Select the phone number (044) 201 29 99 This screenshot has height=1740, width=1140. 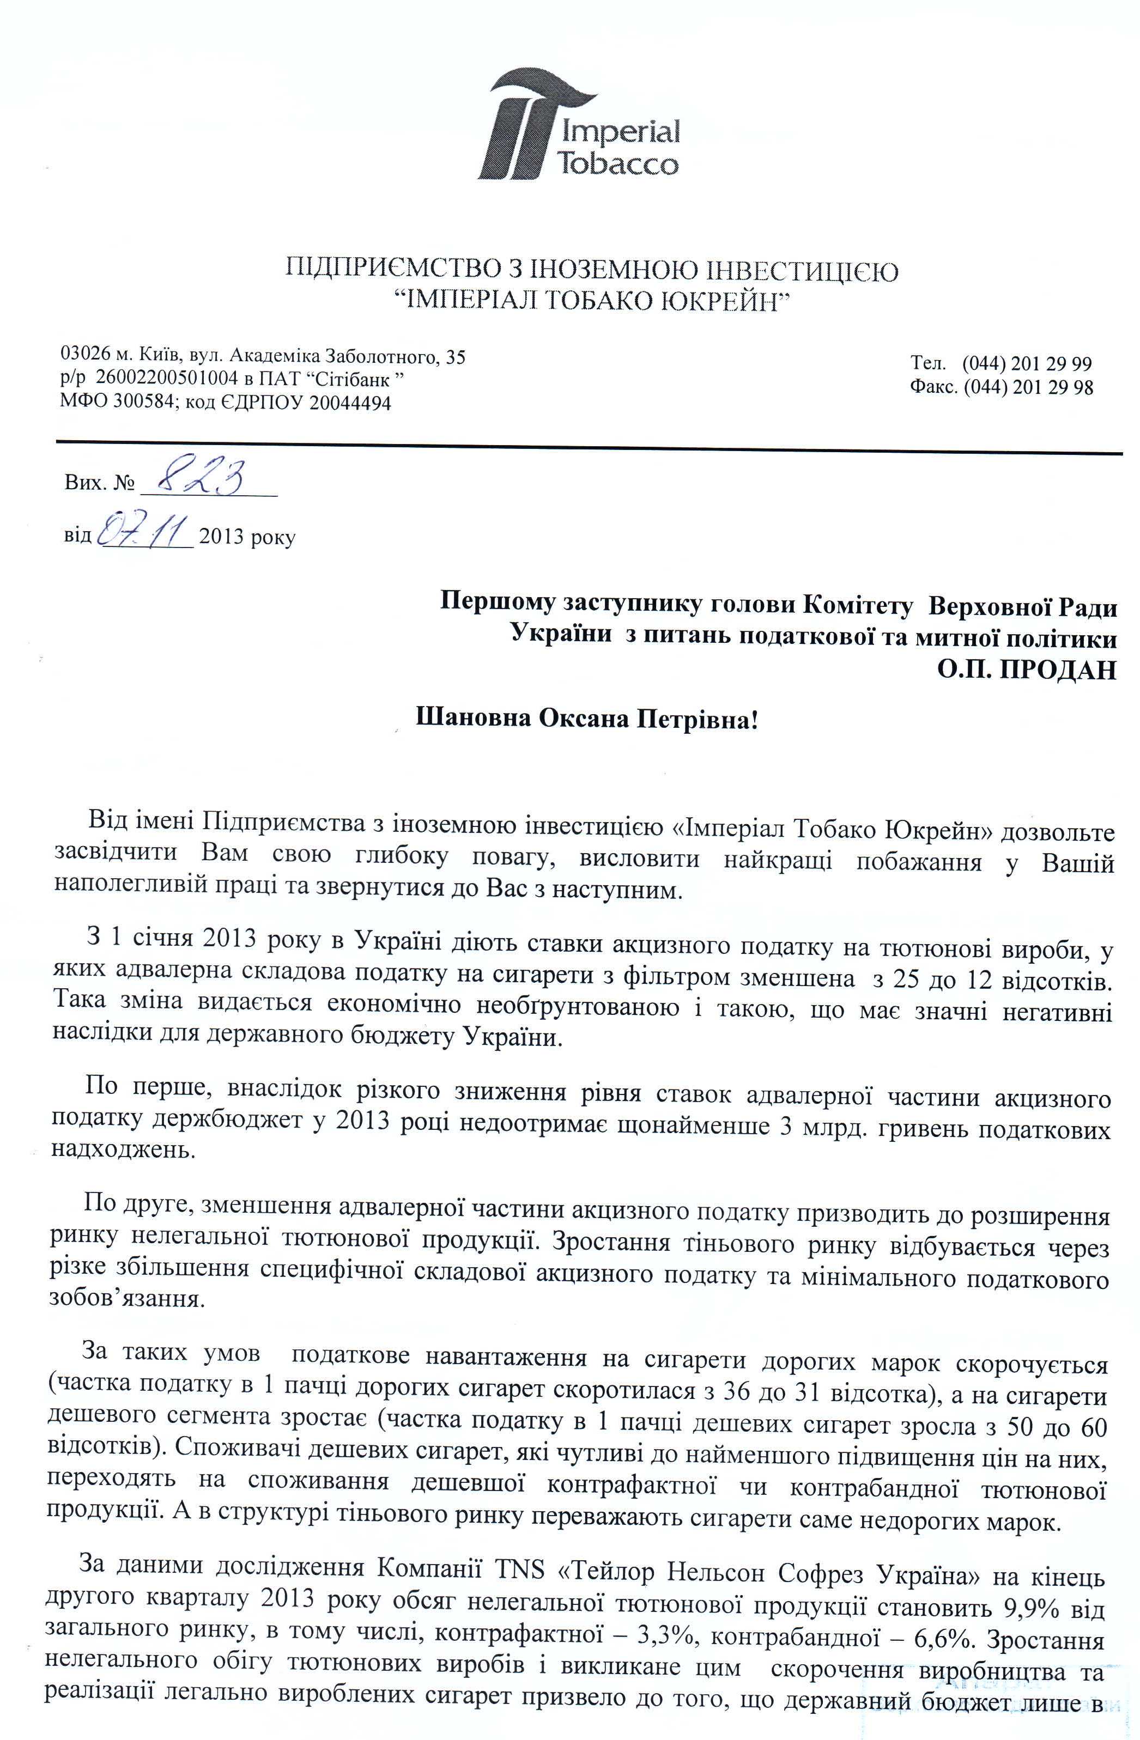click(x=1027, y=363)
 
